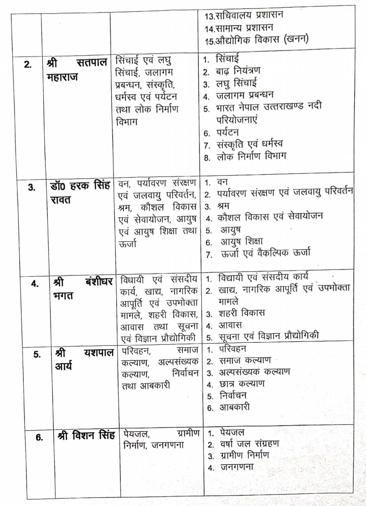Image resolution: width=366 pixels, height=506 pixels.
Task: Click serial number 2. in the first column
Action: pos(28,64)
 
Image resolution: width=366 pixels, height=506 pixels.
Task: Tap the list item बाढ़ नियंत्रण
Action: pos(238,71)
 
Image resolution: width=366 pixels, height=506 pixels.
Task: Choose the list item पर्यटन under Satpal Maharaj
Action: pos(227,132)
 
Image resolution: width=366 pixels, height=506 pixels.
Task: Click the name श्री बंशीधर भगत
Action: pos(83,288)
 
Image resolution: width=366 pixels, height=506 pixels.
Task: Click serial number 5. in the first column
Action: pos(37,355)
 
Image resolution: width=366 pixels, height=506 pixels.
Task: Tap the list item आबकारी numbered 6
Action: pos(234,407)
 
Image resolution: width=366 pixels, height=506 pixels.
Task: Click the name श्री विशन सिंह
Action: pos(86,436)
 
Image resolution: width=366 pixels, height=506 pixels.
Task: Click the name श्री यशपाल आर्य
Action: pos(84,359)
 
